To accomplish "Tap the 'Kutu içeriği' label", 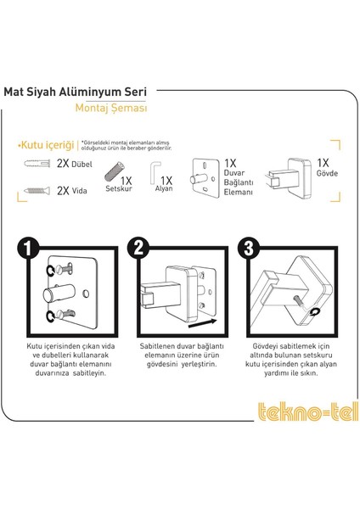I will [x=48, y=145].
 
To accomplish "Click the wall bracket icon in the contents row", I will [x=207, y=178].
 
